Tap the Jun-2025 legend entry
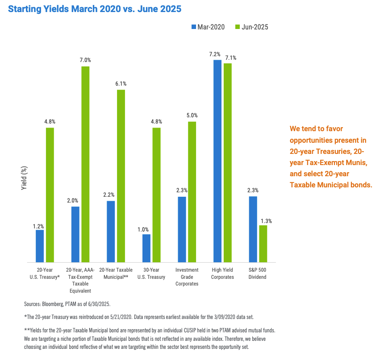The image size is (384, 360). coord(252,27)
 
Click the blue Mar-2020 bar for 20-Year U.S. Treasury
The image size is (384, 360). coord(40,246)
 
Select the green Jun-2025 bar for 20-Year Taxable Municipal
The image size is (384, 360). coord(121,176)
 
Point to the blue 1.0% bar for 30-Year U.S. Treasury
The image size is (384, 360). coord(146,248)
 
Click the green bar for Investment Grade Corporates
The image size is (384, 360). coord(192,192)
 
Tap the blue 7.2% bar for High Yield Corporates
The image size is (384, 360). coord(217,161)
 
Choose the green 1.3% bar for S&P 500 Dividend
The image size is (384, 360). coord(263,244)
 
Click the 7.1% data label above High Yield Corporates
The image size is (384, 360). coord(231,58)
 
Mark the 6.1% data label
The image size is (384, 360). coord(121,83)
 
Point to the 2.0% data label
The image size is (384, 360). coord(75,201)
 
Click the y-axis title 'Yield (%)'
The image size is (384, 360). coord(25,178)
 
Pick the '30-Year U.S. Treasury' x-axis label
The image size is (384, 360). coord(151,273)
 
